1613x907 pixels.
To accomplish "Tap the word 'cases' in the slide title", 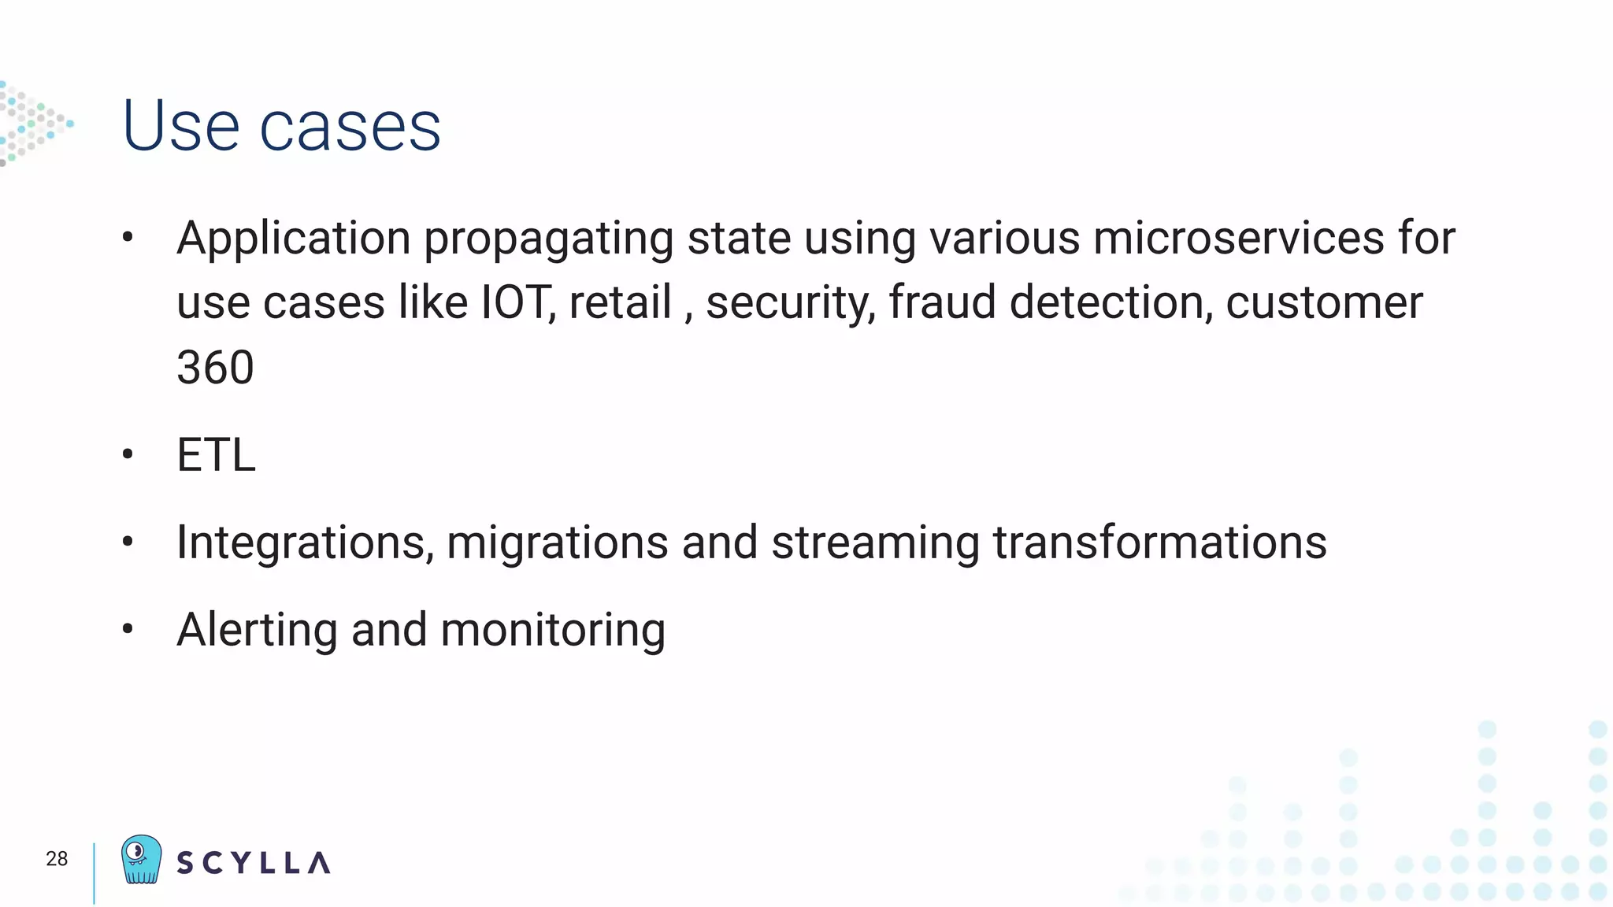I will (x=350, y=128).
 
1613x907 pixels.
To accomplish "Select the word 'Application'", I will (x=293, y=239).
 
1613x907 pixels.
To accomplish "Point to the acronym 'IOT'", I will (x=515, y=302).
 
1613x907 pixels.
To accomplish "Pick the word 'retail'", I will (x=620, y=302).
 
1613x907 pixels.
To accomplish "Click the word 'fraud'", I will (x=942, y=302).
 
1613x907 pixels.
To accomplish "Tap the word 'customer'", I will (x=1324, y=302).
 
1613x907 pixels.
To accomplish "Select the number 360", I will (x=215, y=367).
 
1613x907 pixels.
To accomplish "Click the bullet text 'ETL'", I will (x=216, y=454).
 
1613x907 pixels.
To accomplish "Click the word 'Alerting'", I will (x=257, y=631).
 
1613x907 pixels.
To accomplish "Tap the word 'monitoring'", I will (x=553, y=631).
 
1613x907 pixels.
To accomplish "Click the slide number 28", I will (x=57, y=859).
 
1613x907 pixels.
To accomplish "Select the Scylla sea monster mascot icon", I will (x=142, y=860).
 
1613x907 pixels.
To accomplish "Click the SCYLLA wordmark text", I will (x=253, y=863).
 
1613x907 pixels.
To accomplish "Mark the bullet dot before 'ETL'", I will (x=128, y=454).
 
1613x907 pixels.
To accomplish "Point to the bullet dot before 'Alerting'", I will (x=128, y=629).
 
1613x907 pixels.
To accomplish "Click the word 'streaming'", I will (x=875, y=543).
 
